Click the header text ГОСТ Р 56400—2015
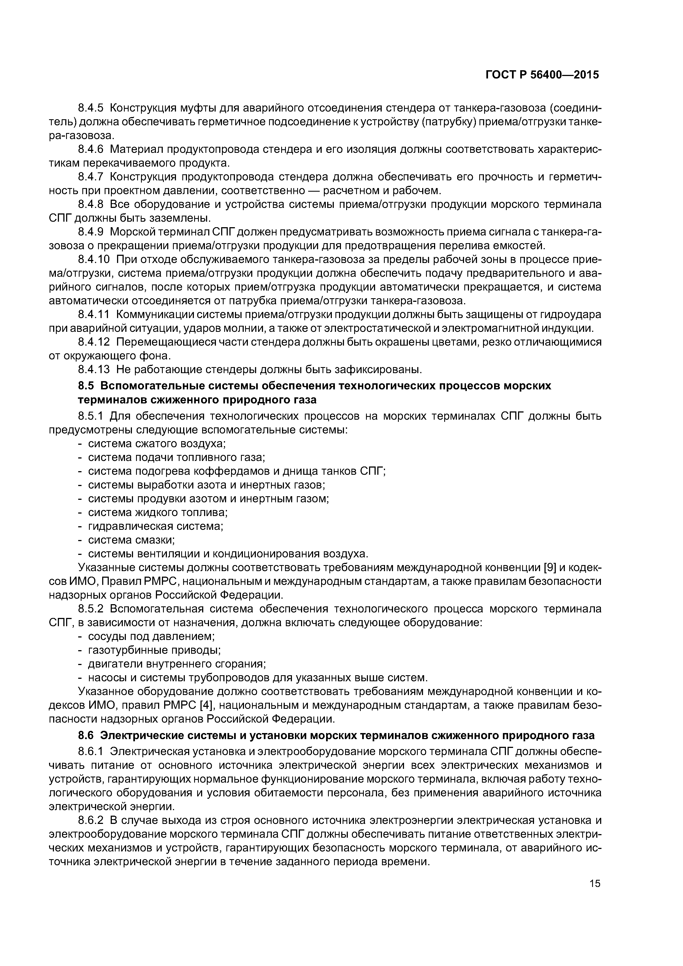pyautogui.click(x=542, y=75)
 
